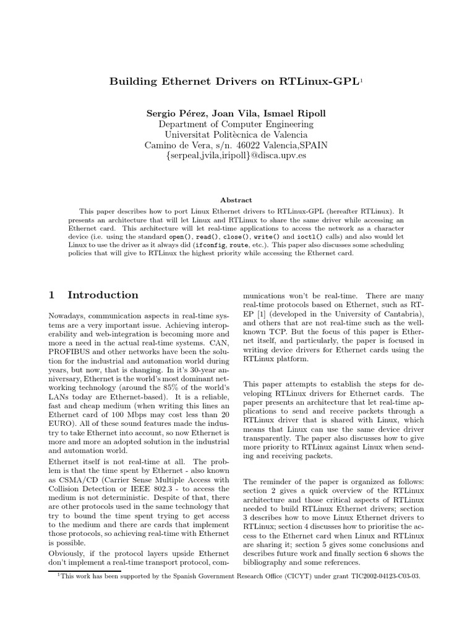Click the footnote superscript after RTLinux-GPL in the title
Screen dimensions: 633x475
(362, 80)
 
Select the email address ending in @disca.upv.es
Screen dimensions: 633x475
(236, 156)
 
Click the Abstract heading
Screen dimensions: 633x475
(236, 200)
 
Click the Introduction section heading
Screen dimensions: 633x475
(103, 295)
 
